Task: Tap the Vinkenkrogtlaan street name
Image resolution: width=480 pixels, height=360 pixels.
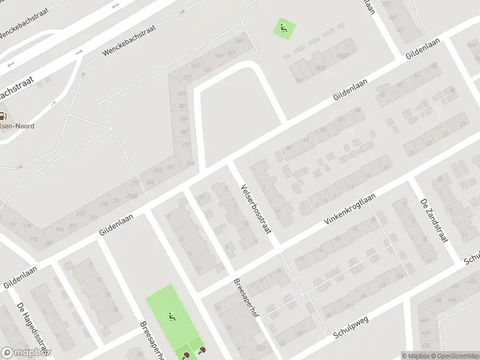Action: coord(350,209)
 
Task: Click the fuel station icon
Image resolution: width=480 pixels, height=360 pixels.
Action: coord(4,116)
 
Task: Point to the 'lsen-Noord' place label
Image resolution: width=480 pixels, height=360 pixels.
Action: coord(18,126)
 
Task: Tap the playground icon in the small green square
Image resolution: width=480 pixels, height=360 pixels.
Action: coord(285,27)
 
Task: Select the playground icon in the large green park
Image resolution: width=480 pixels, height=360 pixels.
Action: coord(172,316)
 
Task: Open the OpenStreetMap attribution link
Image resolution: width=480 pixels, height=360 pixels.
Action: coord(454,356)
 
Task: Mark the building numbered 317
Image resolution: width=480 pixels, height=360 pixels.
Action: coord(187,77)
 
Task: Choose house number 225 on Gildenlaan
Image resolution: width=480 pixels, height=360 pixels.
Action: coord(104,205)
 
